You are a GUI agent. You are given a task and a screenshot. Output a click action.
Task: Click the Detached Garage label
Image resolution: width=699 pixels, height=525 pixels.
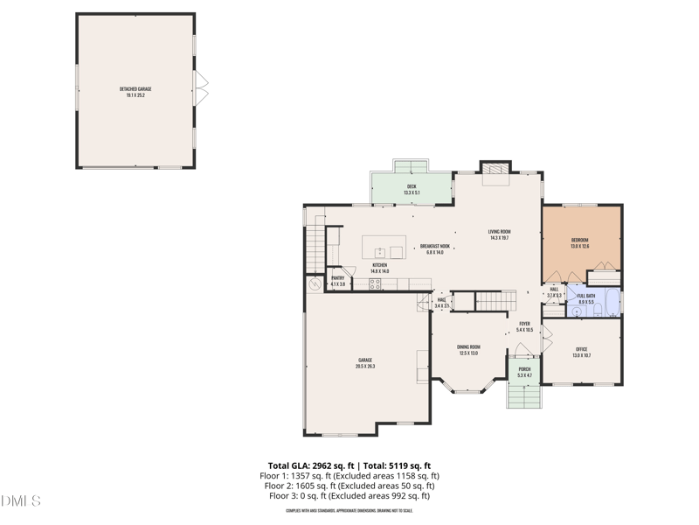(x=135, y=92)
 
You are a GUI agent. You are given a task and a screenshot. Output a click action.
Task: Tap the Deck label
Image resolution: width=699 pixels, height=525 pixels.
(x=412, y=189)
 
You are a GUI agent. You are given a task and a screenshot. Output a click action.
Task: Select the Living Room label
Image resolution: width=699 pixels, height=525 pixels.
(x=499, y=234)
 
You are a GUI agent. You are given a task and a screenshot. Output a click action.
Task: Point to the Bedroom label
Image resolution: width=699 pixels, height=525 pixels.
(x=579, y=243)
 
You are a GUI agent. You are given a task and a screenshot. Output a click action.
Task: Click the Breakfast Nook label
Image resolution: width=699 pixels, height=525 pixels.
(x=434, y=249)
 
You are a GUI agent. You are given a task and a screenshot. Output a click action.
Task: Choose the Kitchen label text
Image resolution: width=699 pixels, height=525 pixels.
(x=379, y=268)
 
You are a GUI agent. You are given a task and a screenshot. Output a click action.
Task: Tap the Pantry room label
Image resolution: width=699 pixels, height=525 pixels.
(x=337, y=281)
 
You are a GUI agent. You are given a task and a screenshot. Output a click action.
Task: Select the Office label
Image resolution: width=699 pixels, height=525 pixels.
(x=581, y=352)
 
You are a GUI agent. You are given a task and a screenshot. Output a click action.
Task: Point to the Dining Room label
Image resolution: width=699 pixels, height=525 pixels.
(x=468, y=350)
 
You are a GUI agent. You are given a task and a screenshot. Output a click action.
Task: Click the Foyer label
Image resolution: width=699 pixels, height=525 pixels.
(x=524, y=326)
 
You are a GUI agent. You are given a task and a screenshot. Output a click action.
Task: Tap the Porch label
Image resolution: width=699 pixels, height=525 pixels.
(x=524, y=372)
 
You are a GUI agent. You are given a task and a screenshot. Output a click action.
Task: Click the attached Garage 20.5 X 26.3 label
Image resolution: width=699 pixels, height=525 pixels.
(x=364, y=363)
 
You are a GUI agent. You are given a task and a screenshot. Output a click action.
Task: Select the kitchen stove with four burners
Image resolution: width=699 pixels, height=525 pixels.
(x=375, y=283)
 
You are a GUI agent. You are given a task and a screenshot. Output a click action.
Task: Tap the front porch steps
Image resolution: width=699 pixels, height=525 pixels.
(x=524, y=396)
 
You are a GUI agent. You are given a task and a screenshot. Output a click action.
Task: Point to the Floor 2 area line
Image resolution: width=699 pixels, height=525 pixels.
(x=349, y=486)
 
